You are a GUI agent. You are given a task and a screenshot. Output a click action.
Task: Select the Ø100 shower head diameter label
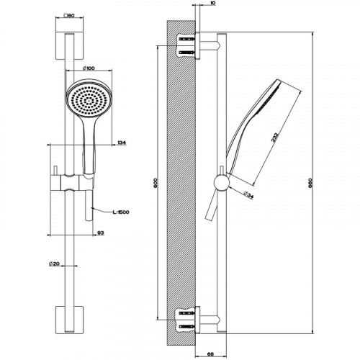coord(89,68)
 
